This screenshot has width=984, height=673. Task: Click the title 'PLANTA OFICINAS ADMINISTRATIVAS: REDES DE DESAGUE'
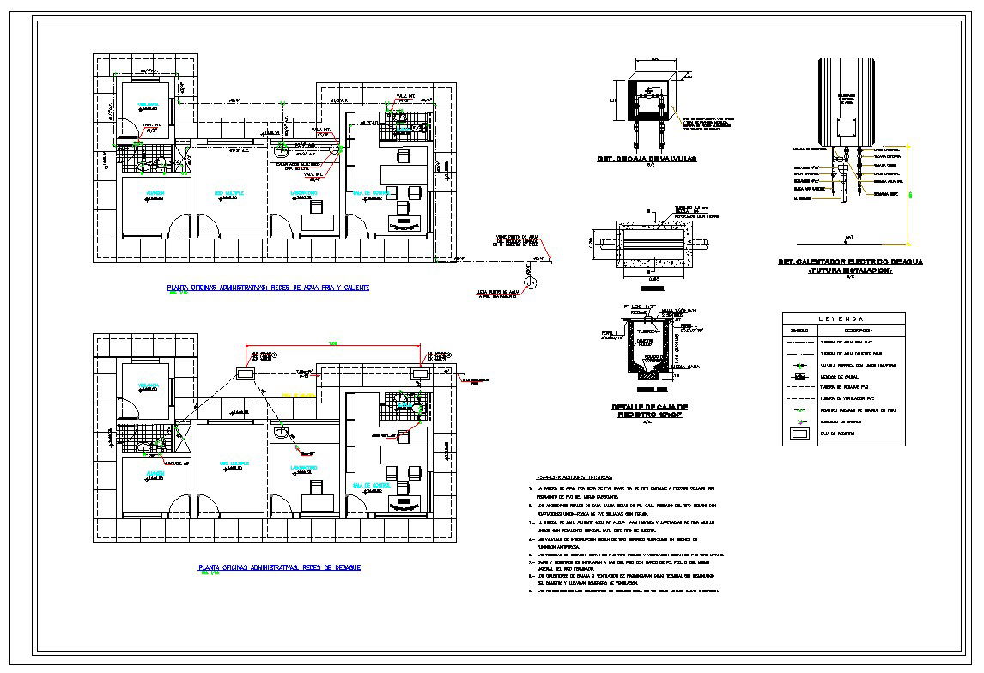pyautogui.click(x=279, y=567)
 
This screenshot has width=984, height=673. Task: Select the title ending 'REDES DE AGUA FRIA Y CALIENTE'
pyautogui.click(x=268, y=288)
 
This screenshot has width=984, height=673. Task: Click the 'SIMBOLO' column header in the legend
pyautogui.click(x=799, y=330)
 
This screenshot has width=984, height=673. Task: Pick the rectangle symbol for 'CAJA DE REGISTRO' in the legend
pyautogui.click(x=799, y=434)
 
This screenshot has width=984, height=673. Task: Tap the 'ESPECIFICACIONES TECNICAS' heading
pyautogui.click(x=574, y=476)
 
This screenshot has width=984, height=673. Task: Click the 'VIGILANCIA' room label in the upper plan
pyautogui.click(x=149, y=104)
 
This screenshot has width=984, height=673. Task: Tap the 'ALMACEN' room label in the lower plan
pyautogui.click(x=155, y=472)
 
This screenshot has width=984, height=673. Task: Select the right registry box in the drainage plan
pyautogui.click(x=422, y=373)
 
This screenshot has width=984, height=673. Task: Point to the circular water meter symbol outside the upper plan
pyautogui.click(x=531, y=280)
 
